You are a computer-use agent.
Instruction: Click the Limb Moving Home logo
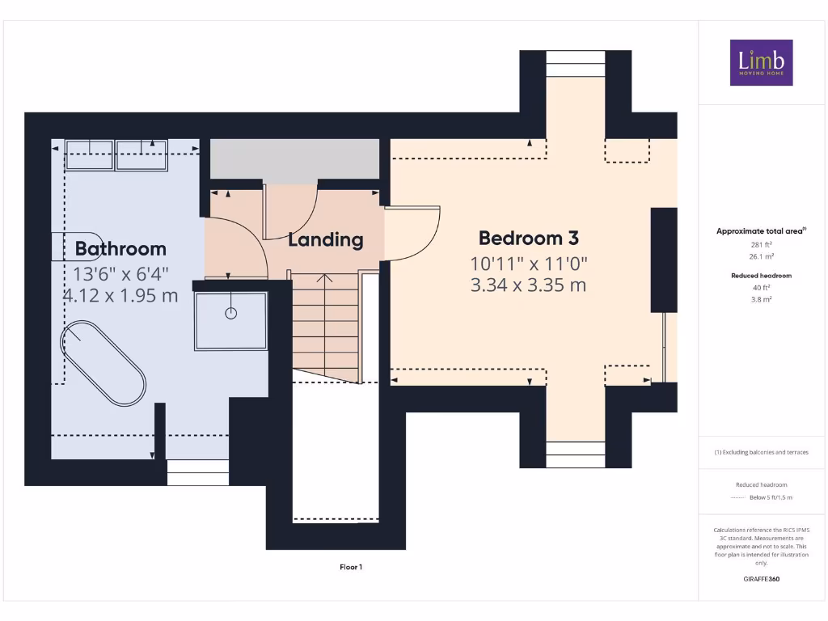[x=761, y=62]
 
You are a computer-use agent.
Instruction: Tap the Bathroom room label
[x=120, y=248]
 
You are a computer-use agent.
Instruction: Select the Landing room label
[x=326, y=239]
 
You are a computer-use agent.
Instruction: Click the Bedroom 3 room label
[x=529, y=238]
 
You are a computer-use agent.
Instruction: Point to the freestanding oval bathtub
[x=103, y=363]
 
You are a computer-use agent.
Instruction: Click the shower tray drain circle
[x=231, y=313]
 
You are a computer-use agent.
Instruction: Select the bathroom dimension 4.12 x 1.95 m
[x=120, y=295]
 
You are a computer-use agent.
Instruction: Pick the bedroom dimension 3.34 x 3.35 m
[x=529, y=285]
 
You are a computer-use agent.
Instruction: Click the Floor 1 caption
[x=350, y=567]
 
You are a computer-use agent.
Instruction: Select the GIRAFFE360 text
[x=761, y=579]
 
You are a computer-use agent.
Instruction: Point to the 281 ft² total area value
[x=761, y=245]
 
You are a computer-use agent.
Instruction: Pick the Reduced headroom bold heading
[x=761, y=276]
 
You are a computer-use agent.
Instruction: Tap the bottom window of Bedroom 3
[x=576, y=454]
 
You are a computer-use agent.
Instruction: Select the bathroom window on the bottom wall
[x=197, y=472]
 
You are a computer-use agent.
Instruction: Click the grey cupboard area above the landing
[x=295, y=158]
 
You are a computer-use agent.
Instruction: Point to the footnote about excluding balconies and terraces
[x=761, y=452]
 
